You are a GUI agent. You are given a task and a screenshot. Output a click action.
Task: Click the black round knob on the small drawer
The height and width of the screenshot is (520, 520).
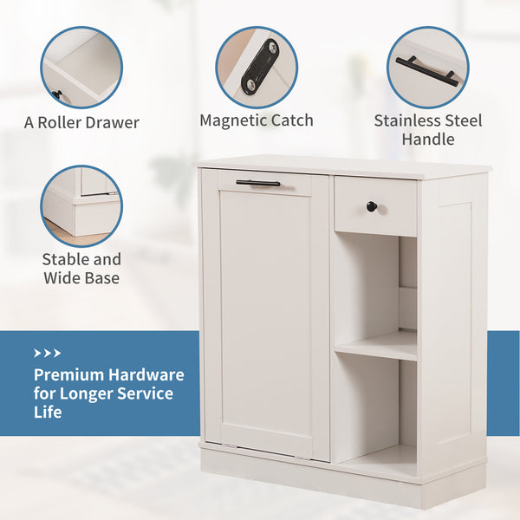[x=371, y=206]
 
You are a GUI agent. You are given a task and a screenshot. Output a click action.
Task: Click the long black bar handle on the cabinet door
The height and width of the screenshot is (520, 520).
[x=257, y=183]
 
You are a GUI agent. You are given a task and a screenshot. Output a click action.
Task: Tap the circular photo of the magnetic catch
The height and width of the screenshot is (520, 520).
[x=257, y=67]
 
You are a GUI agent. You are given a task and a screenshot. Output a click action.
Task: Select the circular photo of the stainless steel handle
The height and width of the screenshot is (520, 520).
[x=428, y=67]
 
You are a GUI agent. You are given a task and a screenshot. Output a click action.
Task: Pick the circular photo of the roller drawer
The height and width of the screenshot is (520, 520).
[x=81, y=67]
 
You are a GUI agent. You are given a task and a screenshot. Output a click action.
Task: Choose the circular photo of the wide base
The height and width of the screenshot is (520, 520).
[x=81, y=206]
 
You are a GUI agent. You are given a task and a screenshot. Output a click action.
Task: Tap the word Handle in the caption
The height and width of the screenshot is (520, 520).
[x=428, y=140]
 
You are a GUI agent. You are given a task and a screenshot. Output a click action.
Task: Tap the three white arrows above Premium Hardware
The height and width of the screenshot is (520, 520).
[x=47, y=354]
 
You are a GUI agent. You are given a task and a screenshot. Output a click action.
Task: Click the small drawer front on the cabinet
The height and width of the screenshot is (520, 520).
[x=374, y=205]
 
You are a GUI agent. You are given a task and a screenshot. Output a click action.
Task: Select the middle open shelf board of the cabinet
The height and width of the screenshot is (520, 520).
[x=376, y=345]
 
